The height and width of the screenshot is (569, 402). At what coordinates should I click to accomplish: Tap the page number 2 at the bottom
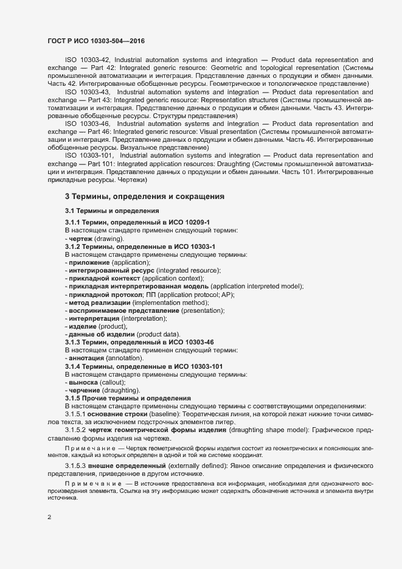coord(49,517)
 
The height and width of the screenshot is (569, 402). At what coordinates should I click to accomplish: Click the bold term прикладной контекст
coord(103,278)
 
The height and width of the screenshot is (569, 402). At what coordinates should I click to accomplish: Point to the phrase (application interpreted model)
coord(257,286)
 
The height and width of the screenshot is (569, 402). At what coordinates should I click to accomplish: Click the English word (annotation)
coord(124,358)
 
